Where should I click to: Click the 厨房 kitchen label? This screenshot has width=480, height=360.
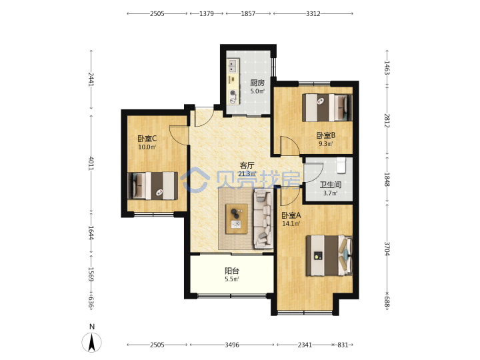[257, 83]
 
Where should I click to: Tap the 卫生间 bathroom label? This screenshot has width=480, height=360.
[330, 185]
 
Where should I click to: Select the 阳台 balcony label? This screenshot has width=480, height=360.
[232, 271]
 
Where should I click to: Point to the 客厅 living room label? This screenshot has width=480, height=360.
[247, 165]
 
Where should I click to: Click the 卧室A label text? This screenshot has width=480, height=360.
[291, 215]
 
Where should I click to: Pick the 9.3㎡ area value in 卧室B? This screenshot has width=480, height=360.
[326, 143]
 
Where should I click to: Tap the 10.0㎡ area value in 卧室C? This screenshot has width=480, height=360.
[147, 147]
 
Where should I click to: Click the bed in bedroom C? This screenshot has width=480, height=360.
[153, 186]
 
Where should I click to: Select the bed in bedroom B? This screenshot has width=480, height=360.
[327, 107]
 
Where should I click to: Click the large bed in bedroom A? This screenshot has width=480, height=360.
[329, 255]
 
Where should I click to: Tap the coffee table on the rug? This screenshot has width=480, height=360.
[236, 219]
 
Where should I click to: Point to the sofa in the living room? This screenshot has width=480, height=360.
[263, 219]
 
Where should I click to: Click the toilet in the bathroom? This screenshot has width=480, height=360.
[341, 165]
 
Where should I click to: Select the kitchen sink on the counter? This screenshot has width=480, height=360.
[233, 66]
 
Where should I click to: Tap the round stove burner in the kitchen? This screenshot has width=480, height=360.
[233, 93]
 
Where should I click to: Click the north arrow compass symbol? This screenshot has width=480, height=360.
[91, 342]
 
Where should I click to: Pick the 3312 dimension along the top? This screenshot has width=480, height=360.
[313, 13]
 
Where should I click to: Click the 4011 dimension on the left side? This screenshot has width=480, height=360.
[91, 163]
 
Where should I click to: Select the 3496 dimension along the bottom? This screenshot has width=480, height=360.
[232, 345]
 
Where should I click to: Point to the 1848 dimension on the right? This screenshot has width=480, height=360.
[387, 179]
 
